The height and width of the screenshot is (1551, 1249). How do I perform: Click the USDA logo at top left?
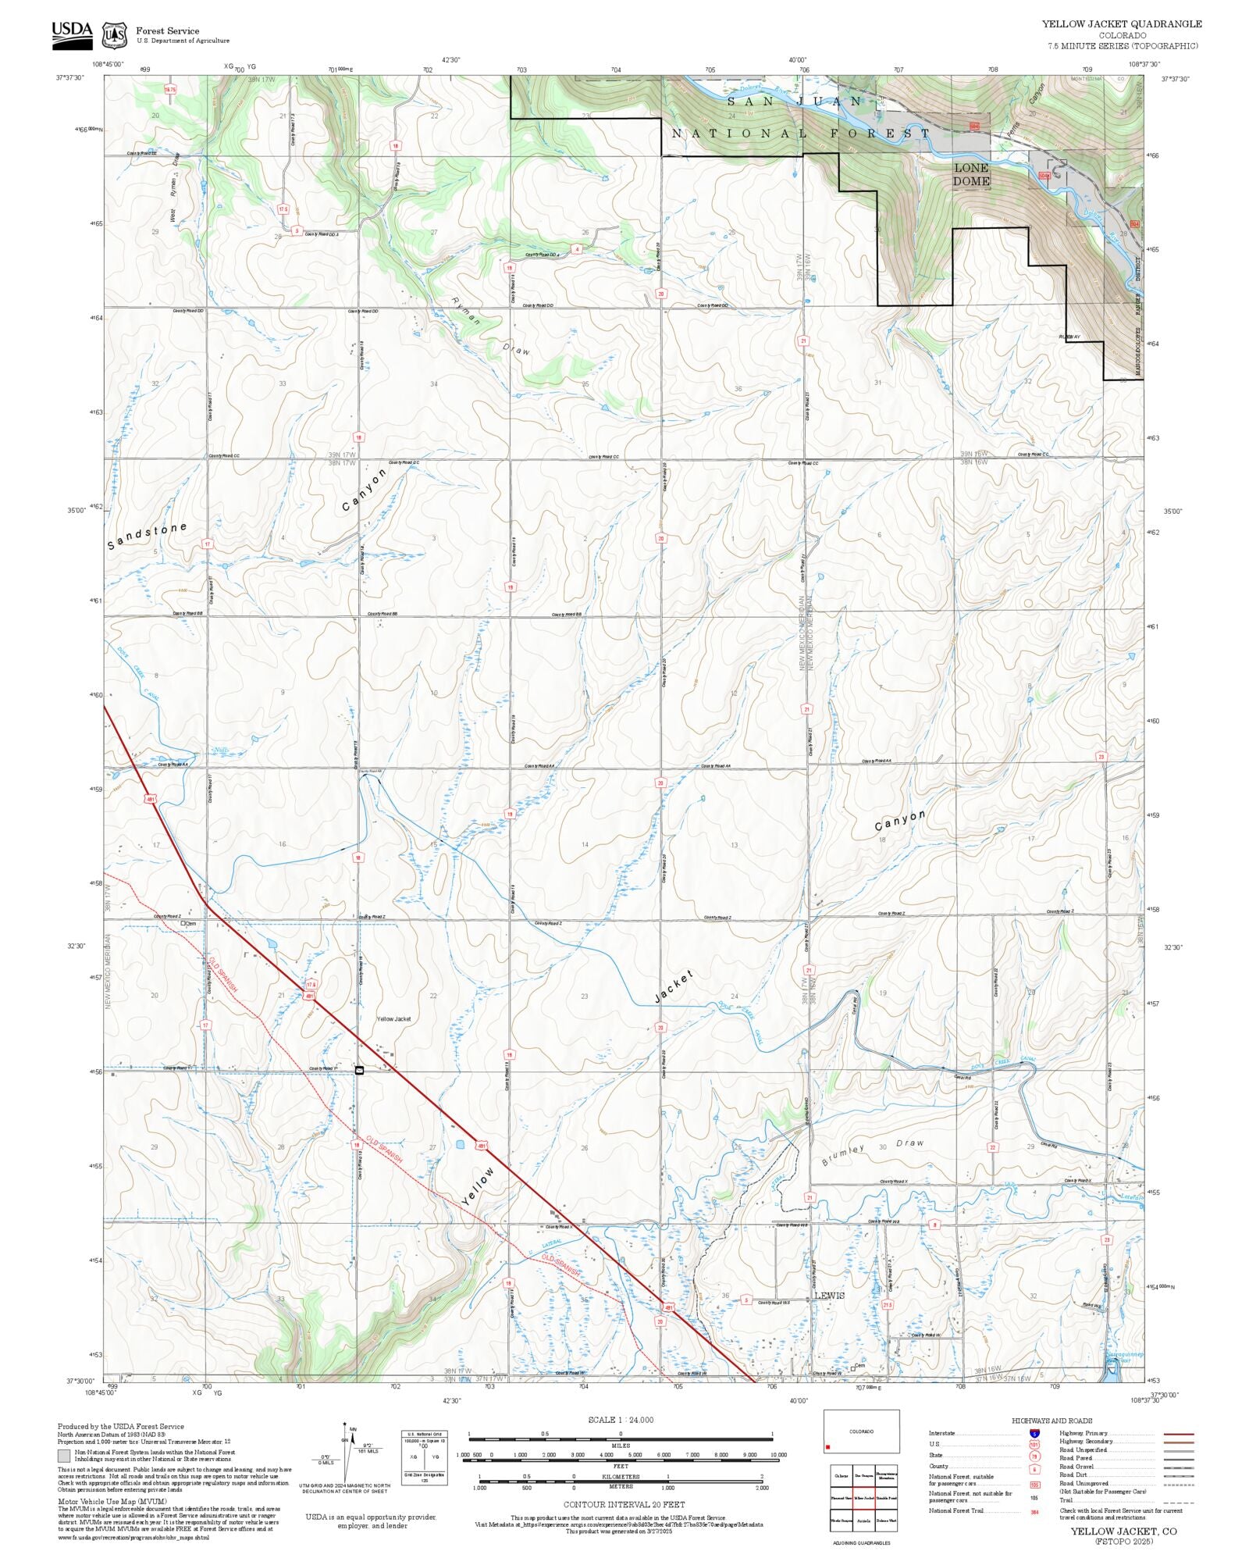(72, 35)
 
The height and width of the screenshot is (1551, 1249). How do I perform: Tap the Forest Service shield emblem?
(115, 35)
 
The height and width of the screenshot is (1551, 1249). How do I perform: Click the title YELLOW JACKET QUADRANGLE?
(1122, 24)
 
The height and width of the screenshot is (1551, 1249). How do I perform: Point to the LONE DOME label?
(971, 174)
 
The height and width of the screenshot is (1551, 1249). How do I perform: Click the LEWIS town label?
(829, 1295)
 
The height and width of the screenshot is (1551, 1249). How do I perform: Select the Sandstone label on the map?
(147, 535)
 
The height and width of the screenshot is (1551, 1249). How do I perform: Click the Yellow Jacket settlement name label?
(393, 1018)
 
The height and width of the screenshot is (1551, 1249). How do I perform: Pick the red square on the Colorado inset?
(828, 1447)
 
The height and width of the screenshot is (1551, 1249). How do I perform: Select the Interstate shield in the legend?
(1034, 1434)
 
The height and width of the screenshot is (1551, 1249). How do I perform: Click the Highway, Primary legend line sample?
(1178, 1434)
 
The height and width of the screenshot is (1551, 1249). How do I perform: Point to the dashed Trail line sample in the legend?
(1178, 1500)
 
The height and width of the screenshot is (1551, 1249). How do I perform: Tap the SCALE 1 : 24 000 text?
(621, 1420)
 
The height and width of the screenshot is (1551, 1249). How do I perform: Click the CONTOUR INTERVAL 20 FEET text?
(620, 1503)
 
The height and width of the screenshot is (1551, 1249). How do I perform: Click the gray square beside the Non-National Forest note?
(64, 1456)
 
